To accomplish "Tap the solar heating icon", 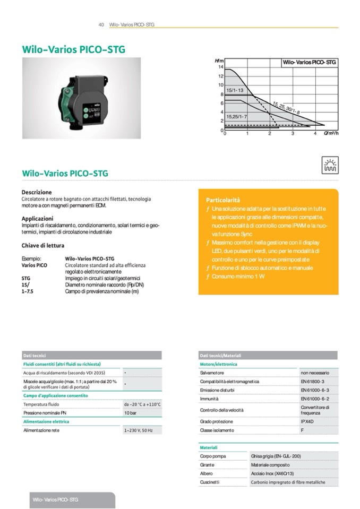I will tap(329, 166).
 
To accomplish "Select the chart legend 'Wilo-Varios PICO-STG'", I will tap(309, 62).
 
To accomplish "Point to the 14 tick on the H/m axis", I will tap(220, 67).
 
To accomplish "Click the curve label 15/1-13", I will tap(234, 91).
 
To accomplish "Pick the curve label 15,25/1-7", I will tap(237, 116).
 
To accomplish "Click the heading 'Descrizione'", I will tap(37, 192).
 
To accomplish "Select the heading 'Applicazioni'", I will tap(37, 218).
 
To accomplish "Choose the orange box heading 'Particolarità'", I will tap(222, 200).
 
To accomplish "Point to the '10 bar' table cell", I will tap(130, 412).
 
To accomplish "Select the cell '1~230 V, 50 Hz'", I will tap(139, 430).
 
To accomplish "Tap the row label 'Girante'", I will tap(207, 464).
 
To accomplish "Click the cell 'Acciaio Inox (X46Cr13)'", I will tap(272, 473).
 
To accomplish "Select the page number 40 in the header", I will tap(101, 25).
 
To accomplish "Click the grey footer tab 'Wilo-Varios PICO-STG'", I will tap(55, 500).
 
